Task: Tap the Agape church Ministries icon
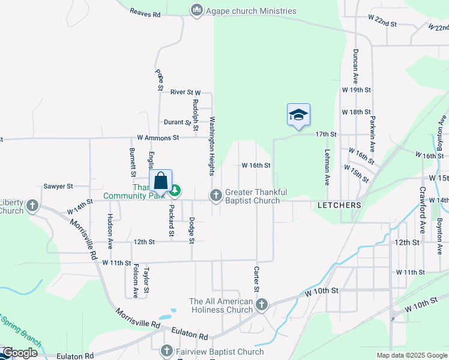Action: tap(196, 11)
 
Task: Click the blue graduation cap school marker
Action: tap(298, 115)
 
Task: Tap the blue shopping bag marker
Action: tap(161, 181)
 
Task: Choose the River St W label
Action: tap(185, 92)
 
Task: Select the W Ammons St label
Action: tap(158, 137)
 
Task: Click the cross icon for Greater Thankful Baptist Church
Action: tap(215, 195)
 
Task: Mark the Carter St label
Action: tap(256, 280)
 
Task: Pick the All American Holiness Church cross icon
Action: tap(261, 305)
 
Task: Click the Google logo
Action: tap(20, 353)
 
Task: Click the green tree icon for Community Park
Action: tap(175, 191)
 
